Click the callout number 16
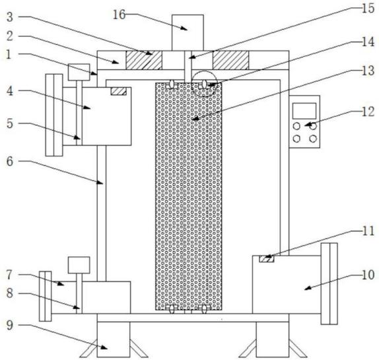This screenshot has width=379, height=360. pyautogui.click(x=119, y=15)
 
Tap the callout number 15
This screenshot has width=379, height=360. pyautogui.click(x=368, y=9)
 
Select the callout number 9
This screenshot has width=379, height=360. pyautogui.click(x=10, y=325)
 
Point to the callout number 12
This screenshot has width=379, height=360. pyautogui.click(x=368, y=112)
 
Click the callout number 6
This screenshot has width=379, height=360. pyautogui.click(x=10, y=161)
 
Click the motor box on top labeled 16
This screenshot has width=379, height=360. pyautogui.click(x=188, y=32)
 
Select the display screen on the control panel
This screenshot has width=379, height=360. pyautogui.click(x=304, y=111)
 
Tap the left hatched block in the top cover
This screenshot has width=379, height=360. pyautogui.click(x=144, y=60)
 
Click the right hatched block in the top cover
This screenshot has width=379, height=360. pyautogui.click(x=230, y=60)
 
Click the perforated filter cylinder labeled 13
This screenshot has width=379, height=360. pyautogui.click(x=189, y=196)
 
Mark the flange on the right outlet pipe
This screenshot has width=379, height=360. pyautogui.click(x=329, y=283)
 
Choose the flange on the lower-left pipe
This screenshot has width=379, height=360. pyautogui.click(x=45, y=296)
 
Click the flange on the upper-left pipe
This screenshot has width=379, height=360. pyautogui.click(x=54, y=115)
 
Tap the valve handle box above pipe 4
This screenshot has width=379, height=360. pyautogui.click(x=79, y=72)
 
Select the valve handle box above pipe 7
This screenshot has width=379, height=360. pyautogui.click(x=79, y=265)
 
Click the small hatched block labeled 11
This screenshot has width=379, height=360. pyautogui.click(x=267, y=259)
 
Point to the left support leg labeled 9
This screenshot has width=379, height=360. pyautogui.click(x=114, y=340)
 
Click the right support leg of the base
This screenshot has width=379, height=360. pyautogui.click(x=273, y=340)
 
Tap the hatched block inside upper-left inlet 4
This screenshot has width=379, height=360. pyautogui.click(x=118, y=91)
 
